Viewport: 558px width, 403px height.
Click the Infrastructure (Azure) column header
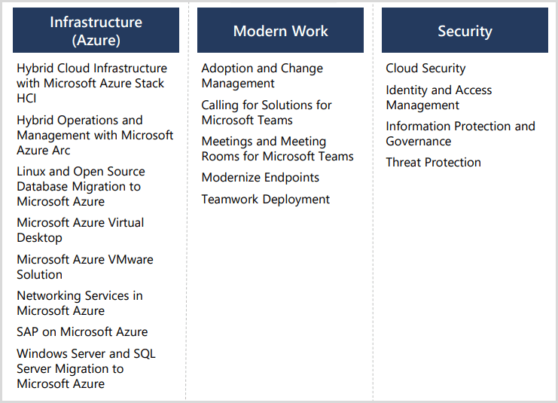(x=96, y=30)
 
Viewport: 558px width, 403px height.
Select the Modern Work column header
(x=280, y=30)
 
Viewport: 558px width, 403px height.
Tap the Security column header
(x=465, y=30)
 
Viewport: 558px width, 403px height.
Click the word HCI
(x=26, y=98)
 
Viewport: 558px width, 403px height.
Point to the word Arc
(x=61, y=150)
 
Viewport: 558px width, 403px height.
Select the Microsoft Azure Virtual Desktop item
(x=81, y=230)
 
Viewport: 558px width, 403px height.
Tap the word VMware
(x=130, y=260)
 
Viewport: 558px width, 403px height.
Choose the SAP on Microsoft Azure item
(x=82, y=331)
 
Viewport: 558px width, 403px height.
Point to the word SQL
(x=145, y=353)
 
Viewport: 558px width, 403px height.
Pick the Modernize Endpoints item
(x=260, y=178)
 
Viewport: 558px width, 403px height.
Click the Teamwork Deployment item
(x=266, y=200)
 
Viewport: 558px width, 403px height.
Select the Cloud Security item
(x=425, y=69)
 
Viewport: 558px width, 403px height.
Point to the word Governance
(x=419, y=142)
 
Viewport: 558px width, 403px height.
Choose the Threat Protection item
(x=434, y=163)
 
